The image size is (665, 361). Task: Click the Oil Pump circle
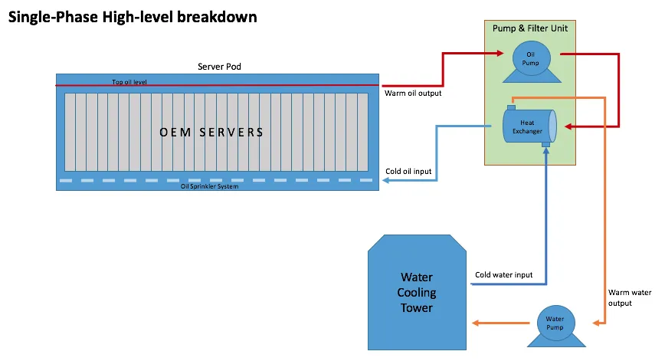(532, 58)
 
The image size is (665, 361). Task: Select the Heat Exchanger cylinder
(529, 126)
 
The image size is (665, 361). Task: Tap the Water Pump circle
(555, 323)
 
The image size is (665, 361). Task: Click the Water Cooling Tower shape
(417, 292)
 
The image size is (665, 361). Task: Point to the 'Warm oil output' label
(413, 94)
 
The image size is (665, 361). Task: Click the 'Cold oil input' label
(408, 172)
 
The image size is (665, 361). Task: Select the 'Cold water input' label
(503, 275)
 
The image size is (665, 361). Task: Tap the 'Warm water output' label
(630, 298)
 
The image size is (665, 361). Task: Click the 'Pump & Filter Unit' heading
(529, 28)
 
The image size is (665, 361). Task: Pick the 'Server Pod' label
(219, 67)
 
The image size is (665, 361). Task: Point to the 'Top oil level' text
(129, 82)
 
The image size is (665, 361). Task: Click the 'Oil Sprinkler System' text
(209, 186)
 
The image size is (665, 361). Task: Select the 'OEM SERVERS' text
(211, 133)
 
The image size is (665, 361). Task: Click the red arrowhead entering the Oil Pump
(500, 54)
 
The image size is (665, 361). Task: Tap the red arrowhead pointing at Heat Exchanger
(568, 126)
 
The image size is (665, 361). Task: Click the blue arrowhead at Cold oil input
(386, 180)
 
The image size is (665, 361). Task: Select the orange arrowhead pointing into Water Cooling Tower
(476, 323)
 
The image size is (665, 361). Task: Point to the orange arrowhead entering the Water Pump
(596, 323)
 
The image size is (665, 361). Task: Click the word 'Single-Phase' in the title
(54, 18)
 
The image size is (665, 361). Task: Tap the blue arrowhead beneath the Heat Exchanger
(546, 150)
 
